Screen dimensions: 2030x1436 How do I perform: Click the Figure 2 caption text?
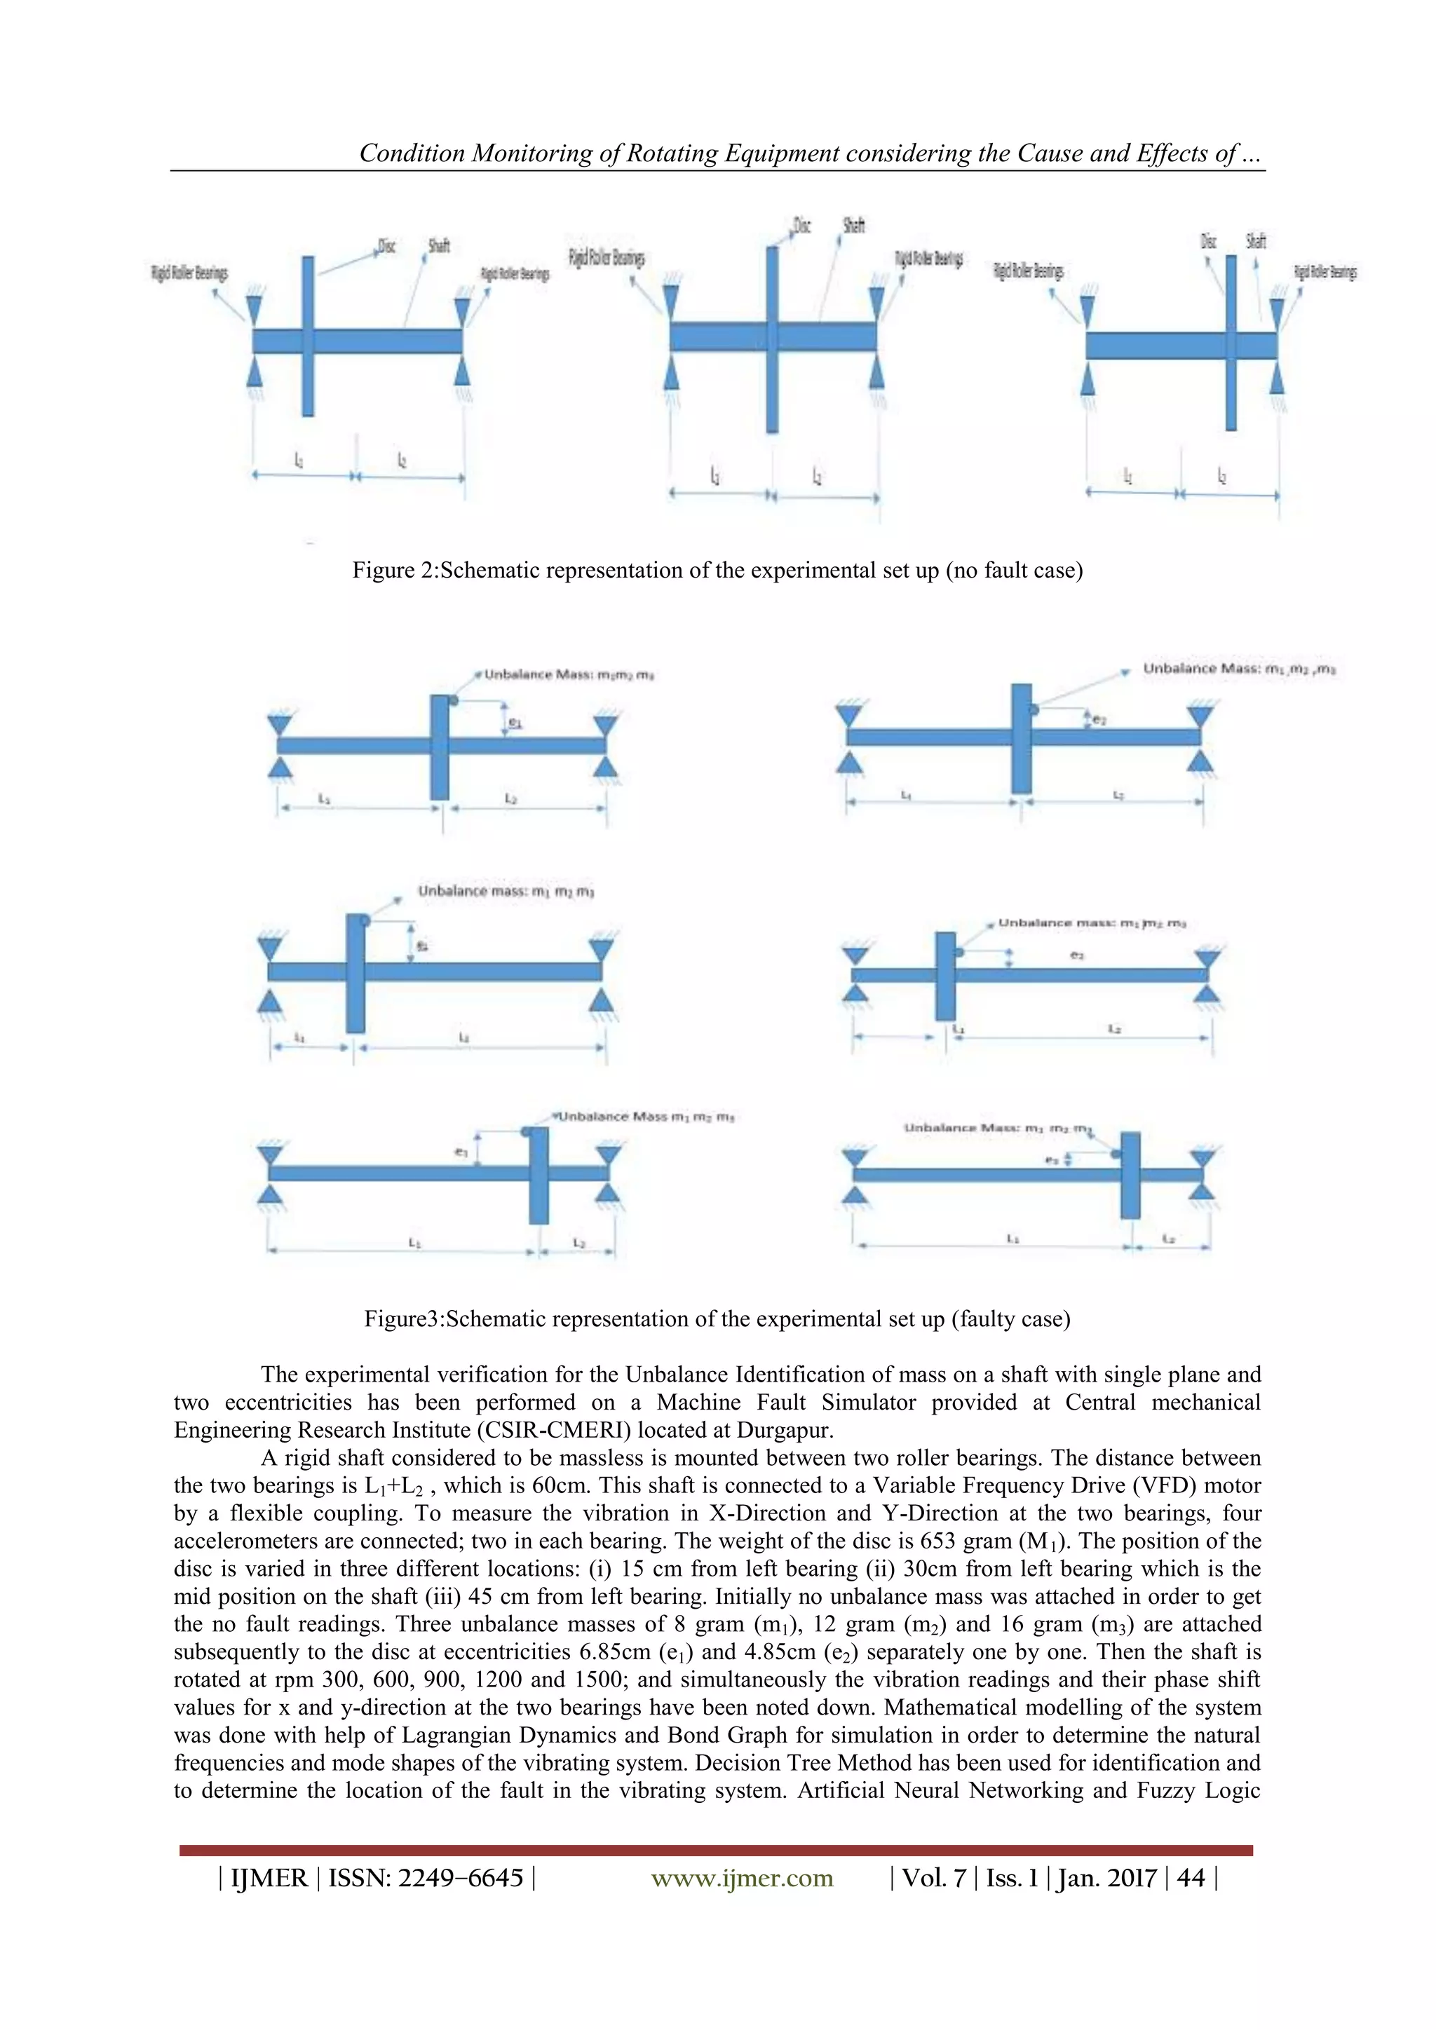[x=717, y=571]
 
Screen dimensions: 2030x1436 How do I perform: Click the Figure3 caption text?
[x=717, y=1319]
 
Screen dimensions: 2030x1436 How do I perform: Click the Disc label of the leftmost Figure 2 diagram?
[x=386, y=246]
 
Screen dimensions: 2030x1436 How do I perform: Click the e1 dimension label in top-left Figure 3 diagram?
[x=515, y=723]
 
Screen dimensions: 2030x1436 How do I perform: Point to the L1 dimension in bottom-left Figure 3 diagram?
[x=414, y=1242]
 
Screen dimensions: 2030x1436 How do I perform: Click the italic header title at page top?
[x=811, y=154]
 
